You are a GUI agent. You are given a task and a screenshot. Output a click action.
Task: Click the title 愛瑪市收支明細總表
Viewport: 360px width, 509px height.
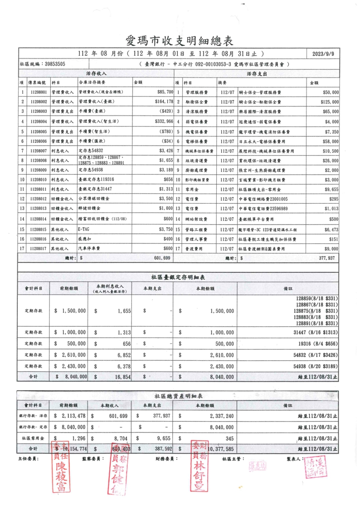pyautogui.click(x=180, y=41)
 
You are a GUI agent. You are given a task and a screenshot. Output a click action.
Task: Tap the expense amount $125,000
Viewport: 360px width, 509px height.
pyautogui.click(x=329, y=102)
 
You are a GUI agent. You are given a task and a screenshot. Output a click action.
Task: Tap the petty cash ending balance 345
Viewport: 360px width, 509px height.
pyautogui.click(x=229, y=438)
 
